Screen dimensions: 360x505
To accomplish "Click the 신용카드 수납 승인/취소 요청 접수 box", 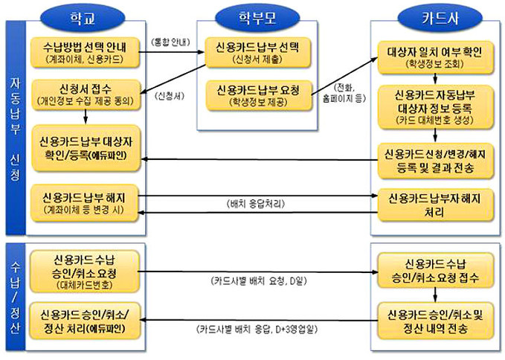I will [x=434, y=271].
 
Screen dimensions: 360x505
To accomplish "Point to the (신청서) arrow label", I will [x=172, y=97].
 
